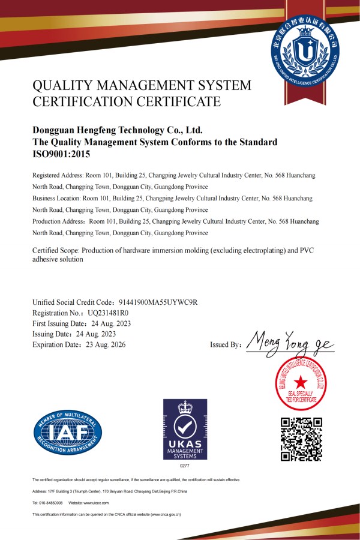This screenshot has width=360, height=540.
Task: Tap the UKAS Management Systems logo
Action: point(185,430)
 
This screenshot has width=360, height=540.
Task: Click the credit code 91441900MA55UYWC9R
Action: point(156,302)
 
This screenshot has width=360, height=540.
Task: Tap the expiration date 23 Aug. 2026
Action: point(104,345)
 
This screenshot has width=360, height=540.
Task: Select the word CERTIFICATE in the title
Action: point(182,101)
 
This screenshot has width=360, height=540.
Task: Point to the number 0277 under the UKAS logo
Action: point(185,466)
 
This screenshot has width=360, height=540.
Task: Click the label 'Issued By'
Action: point(226,345)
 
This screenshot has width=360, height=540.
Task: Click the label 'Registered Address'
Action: point(56,175)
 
